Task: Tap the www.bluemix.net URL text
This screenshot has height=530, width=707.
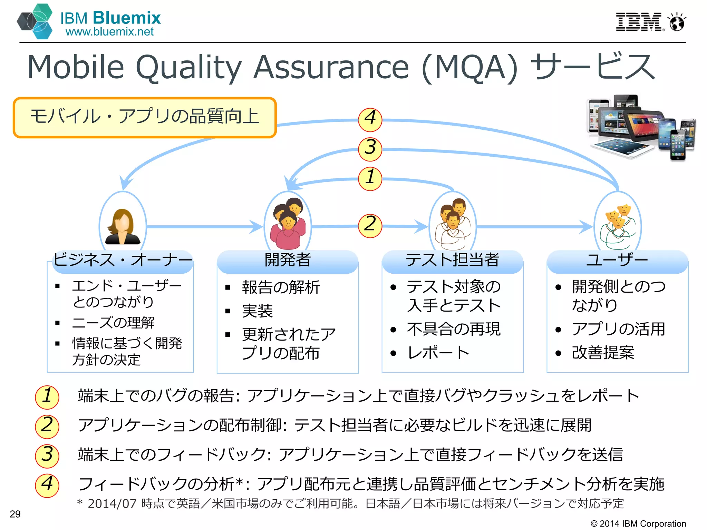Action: tap(109, 32)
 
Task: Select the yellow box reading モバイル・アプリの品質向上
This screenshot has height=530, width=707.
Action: tap(145, 117)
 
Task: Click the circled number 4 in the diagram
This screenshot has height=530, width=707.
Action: tap(370, 119)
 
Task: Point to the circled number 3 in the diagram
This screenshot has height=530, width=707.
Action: tap(370, 149)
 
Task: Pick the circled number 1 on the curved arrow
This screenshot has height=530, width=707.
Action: tap(370, 178)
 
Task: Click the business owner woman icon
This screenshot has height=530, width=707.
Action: tap(123, 227)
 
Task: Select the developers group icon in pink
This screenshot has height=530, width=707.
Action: tap(288, 224)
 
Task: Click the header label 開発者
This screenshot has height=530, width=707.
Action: tap(288, 260)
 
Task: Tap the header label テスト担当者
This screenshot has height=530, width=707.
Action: tap(452, 260)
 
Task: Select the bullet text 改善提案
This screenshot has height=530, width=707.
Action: tap(603, 353)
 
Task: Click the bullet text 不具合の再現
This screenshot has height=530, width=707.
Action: tap(454, 329)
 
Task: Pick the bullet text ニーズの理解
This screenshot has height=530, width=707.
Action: tap(113, 323)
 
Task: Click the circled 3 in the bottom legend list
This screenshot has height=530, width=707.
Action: tap(47, 455)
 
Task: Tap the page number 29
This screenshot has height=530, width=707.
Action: tap(15, 514)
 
